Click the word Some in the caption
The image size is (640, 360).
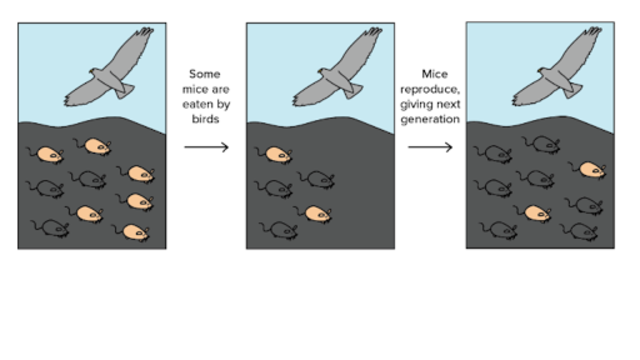[204, 74]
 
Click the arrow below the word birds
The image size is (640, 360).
[206, 147]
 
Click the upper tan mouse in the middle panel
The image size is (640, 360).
[274, 155]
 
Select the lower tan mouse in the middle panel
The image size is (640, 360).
[317, 212]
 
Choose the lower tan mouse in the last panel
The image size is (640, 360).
[538, 212]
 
